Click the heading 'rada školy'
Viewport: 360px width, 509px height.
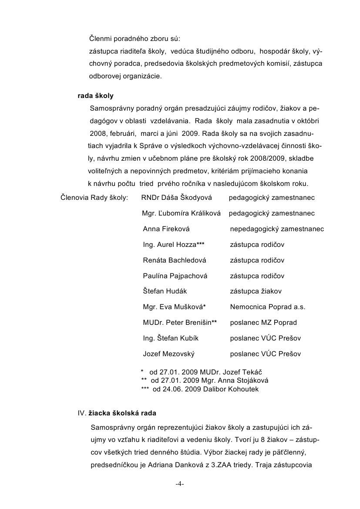click(95, 96)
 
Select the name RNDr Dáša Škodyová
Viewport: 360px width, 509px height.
click(176, 198)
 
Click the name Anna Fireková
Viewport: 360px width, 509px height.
click(166, 229)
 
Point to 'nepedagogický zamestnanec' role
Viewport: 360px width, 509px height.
click(277, 229)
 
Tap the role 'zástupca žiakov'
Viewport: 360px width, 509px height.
click(256, 291)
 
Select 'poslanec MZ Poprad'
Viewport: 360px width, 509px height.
click(263, 323)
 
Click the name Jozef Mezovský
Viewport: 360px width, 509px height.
click(168, 354)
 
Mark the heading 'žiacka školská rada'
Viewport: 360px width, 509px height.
click(122, 412)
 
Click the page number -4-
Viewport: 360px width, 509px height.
click(180, 484)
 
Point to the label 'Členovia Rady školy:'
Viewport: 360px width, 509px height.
click(94, 198)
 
